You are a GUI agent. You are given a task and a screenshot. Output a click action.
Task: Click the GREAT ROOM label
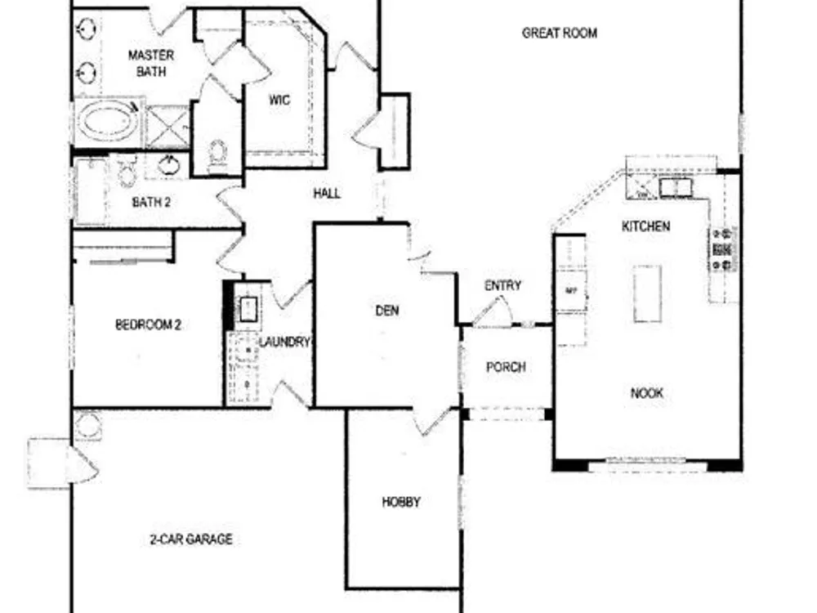click(560, 34)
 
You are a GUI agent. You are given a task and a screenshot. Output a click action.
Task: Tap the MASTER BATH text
click(151, 63)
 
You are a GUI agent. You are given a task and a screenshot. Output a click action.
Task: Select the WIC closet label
click(279, 100)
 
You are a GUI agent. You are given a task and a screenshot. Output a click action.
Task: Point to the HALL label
click(327, 194)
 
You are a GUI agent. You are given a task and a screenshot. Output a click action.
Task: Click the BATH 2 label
click(151, 202)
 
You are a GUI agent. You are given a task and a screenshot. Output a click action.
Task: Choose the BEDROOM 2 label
click(148, 324)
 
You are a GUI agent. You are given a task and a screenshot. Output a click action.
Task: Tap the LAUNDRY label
click(284, 342)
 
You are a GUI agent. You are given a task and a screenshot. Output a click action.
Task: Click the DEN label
click(387, 311)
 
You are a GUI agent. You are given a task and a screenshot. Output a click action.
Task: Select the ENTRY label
click(502, 285)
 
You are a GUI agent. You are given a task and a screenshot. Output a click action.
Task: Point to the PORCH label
click(506, 367)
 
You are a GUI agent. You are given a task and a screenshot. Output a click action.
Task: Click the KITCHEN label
click(646, 226)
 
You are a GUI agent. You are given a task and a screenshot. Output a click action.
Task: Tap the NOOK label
click(647, 393)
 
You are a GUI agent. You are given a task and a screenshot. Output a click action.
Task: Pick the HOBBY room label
click(401, 502)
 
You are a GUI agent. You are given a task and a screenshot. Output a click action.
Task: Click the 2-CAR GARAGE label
click(191, 539)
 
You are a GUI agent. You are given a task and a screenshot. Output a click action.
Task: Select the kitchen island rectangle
click(648, 293)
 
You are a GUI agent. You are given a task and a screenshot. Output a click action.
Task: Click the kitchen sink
click(676, 187)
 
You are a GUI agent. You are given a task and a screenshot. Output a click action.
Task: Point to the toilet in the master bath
click(217, 153)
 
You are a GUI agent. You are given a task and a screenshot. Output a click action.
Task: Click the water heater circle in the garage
click(87, 425)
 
